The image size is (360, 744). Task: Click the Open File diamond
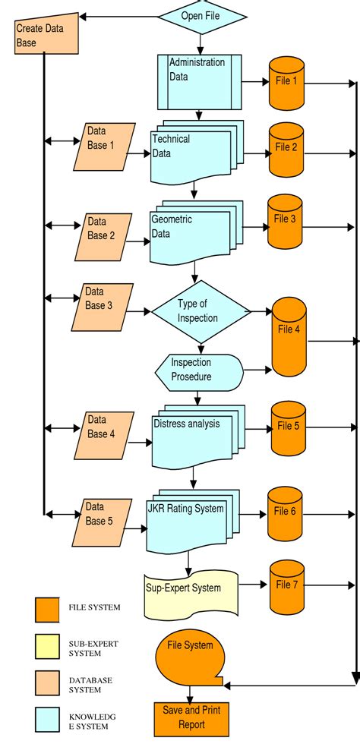[202, 15]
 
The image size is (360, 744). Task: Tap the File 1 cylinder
[287, 82]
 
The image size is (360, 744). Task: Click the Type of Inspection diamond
[201, 311]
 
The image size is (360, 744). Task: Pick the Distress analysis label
[186, 423]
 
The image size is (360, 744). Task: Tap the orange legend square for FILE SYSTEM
[47, 609]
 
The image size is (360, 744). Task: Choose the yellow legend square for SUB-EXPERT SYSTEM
[47, 646]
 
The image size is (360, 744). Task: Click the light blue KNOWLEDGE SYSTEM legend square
[47, 718]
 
